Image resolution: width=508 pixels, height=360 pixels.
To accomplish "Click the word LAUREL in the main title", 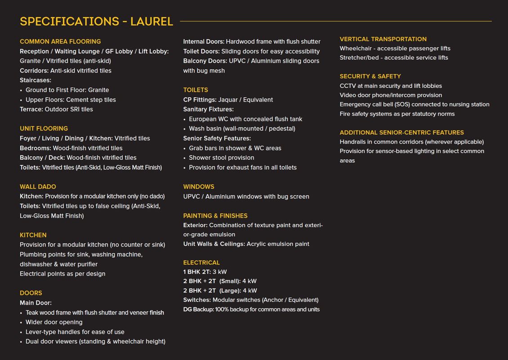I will click(152, 21).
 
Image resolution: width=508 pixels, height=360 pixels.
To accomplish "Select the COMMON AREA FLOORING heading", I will click(60, 41).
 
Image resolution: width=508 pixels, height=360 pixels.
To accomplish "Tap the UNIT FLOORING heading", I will click(44, 128).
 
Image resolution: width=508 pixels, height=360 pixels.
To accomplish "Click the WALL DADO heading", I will click(38, 186).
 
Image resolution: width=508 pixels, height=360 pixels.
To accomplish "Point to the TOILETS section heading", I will click(196, 90).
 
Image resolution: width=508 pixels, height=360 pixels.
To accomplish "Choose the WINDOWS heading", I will click(199, 186).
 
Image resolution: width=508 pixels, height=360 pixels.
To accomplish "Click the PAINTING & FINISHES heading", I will click(215, 216).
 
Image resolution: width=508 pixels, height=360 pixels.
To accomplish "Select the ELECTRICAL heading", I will click(201, 262).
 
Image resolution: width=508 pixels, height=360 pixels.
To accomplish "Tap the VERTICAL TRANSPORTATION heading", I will click(383, 39).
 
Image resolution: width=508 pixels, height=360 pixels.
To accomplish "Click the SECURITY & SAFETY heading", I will click(370, 76).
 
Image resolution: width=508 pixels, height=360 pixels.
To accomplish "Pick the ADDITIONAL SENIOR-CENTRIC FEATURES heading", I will click(401, 132).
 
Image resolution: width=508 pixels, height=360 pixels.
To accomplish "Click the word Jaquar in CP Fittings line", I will click(228, 99).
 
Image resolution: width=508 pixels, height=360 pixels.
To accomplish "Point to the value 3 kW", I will click(220, 272).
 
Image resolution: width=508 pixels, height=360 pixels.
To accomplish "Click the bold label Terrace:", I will click(31, 109).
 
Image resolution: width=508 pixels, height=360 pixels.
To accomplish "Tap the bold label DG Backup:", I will click(198, 309).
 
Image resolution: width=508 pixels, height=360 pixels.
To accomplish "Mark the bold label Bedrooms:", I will click(36, 148).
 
